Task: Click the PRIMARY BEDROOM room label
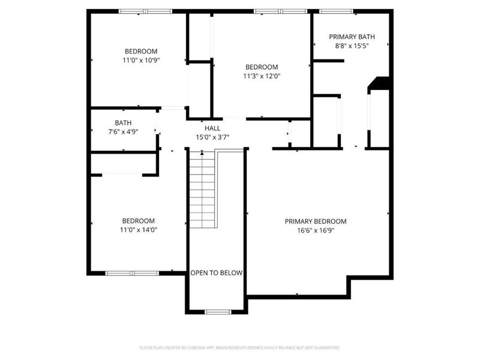point(315,221)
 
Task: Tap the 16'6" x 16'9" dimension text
point(315,230)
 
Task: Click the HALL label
point(212,128)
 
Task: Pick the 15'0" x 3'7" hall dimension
point(212,137)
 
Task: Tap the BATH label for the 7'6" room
point(123,123)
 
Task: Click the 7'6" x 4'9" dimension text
point(123,132)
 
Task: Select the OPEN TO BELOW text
point(216,273)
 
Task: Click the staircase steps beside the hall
point(202,189)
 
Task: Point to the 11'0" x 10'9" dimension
point(141,60)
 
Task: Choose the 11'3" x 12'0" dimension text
point(262,76)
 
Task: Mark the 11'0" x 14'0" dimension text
point(139,230)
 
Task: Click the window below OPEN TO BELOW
point(217,311)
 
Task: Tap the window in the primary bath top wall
point(335,11)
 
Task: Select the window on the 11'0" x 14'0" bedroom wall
point(131,273)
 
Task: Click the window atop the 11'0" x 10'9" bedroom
point(145,11)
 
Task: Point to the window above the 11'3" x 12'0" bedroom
point(280,11)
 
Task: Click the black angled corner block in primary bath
point(379,83)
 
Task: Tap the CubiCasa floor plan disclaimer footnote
point(240,347)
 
